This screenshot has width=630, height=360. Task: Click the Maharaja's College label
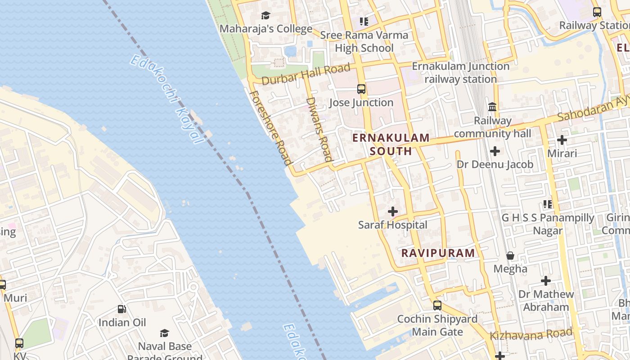click(266, 29)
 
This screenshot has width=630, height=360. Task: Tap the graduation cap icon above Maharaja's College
click(266, 16)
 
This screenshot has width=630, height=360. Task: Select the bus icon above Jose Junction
click(361, 89)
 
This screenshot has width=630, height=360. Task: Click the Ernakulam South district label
click(391, 144)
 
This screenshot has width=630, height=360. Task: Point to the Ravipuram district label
click(438, 253)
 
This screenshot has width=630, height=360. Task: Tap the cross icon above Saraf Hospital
click(393, 211)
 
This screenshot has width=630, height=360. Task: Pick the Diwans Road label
click(319, 129)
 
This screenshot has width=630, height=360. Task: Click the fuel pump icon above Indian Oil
click(122, 309)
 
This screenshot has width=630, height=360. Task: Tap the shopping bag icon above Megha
click(510, 256)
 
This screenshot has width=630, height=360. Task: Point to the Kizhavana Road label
click(531, 334)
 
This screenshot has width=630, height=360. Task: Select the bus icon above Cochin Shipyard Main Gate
click(437, 306)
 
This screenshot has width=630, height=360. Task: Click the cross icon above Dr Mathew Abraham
click(546, 281)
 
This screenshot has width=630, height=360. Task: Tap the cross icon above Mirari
click(562, 140)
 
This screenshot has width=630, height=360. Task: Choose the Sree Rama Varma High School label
click(364, 41)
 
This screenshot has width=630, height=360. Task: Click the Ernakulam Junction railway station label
click(461, 72)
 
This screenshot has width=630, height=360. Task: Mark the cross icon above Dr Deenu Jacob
click(495, 151)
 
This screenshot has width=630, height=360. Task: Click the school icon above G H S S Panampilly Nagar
click(548, 204)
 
